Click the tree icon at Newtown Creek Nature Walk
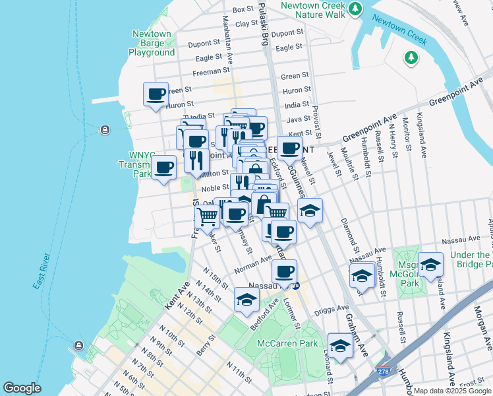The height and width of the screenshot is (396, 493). (355, 9)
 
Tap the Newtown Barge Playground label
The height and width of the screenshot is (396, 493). (152, 43)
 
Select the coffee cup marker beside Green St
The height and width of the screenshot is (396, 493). (156, 94)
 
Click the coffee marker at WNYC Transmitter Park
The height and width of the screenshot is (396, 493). (163, 167)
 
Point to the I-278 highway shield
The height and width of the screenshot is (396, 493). (383, 373)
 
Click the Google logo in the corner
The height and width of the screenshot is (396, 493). (22, 388)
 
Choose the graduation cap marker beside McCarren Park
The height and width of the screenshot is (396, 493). (340, 345)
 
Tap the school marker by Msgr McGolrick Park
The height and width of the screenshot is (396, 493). (430, 265)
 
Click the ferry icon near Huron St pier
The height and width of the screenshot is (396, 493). (104, 130)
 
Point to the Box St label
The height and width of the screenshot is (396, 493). (243, 9)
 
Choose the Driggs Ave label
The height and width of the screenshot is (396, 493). (333, 308)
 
